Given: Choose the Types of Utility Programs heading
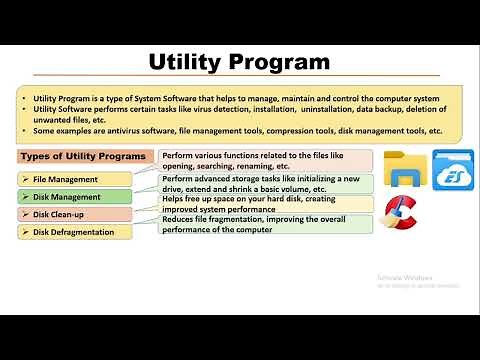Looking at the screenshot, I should pyautogui.click(x=84, y=157).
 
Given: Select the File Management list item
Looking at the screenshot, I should pyautogui.click(x=65, y=179).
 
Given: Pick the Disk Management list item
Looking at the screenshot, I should pyautogui.click(x=67, y=197).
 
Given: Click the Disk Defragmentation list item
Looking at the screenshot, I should pyautogui.click(x=76, y=232).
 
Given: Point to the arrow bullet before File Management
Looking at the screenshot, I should pyautogui.click(x=24, y=179).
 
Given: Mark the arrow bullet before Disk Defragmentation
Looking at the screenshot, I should pyautogui.click(x=24, y=232).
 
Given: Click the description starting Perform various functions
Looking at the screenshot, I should pyautogui.click(x=265, y=160).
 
